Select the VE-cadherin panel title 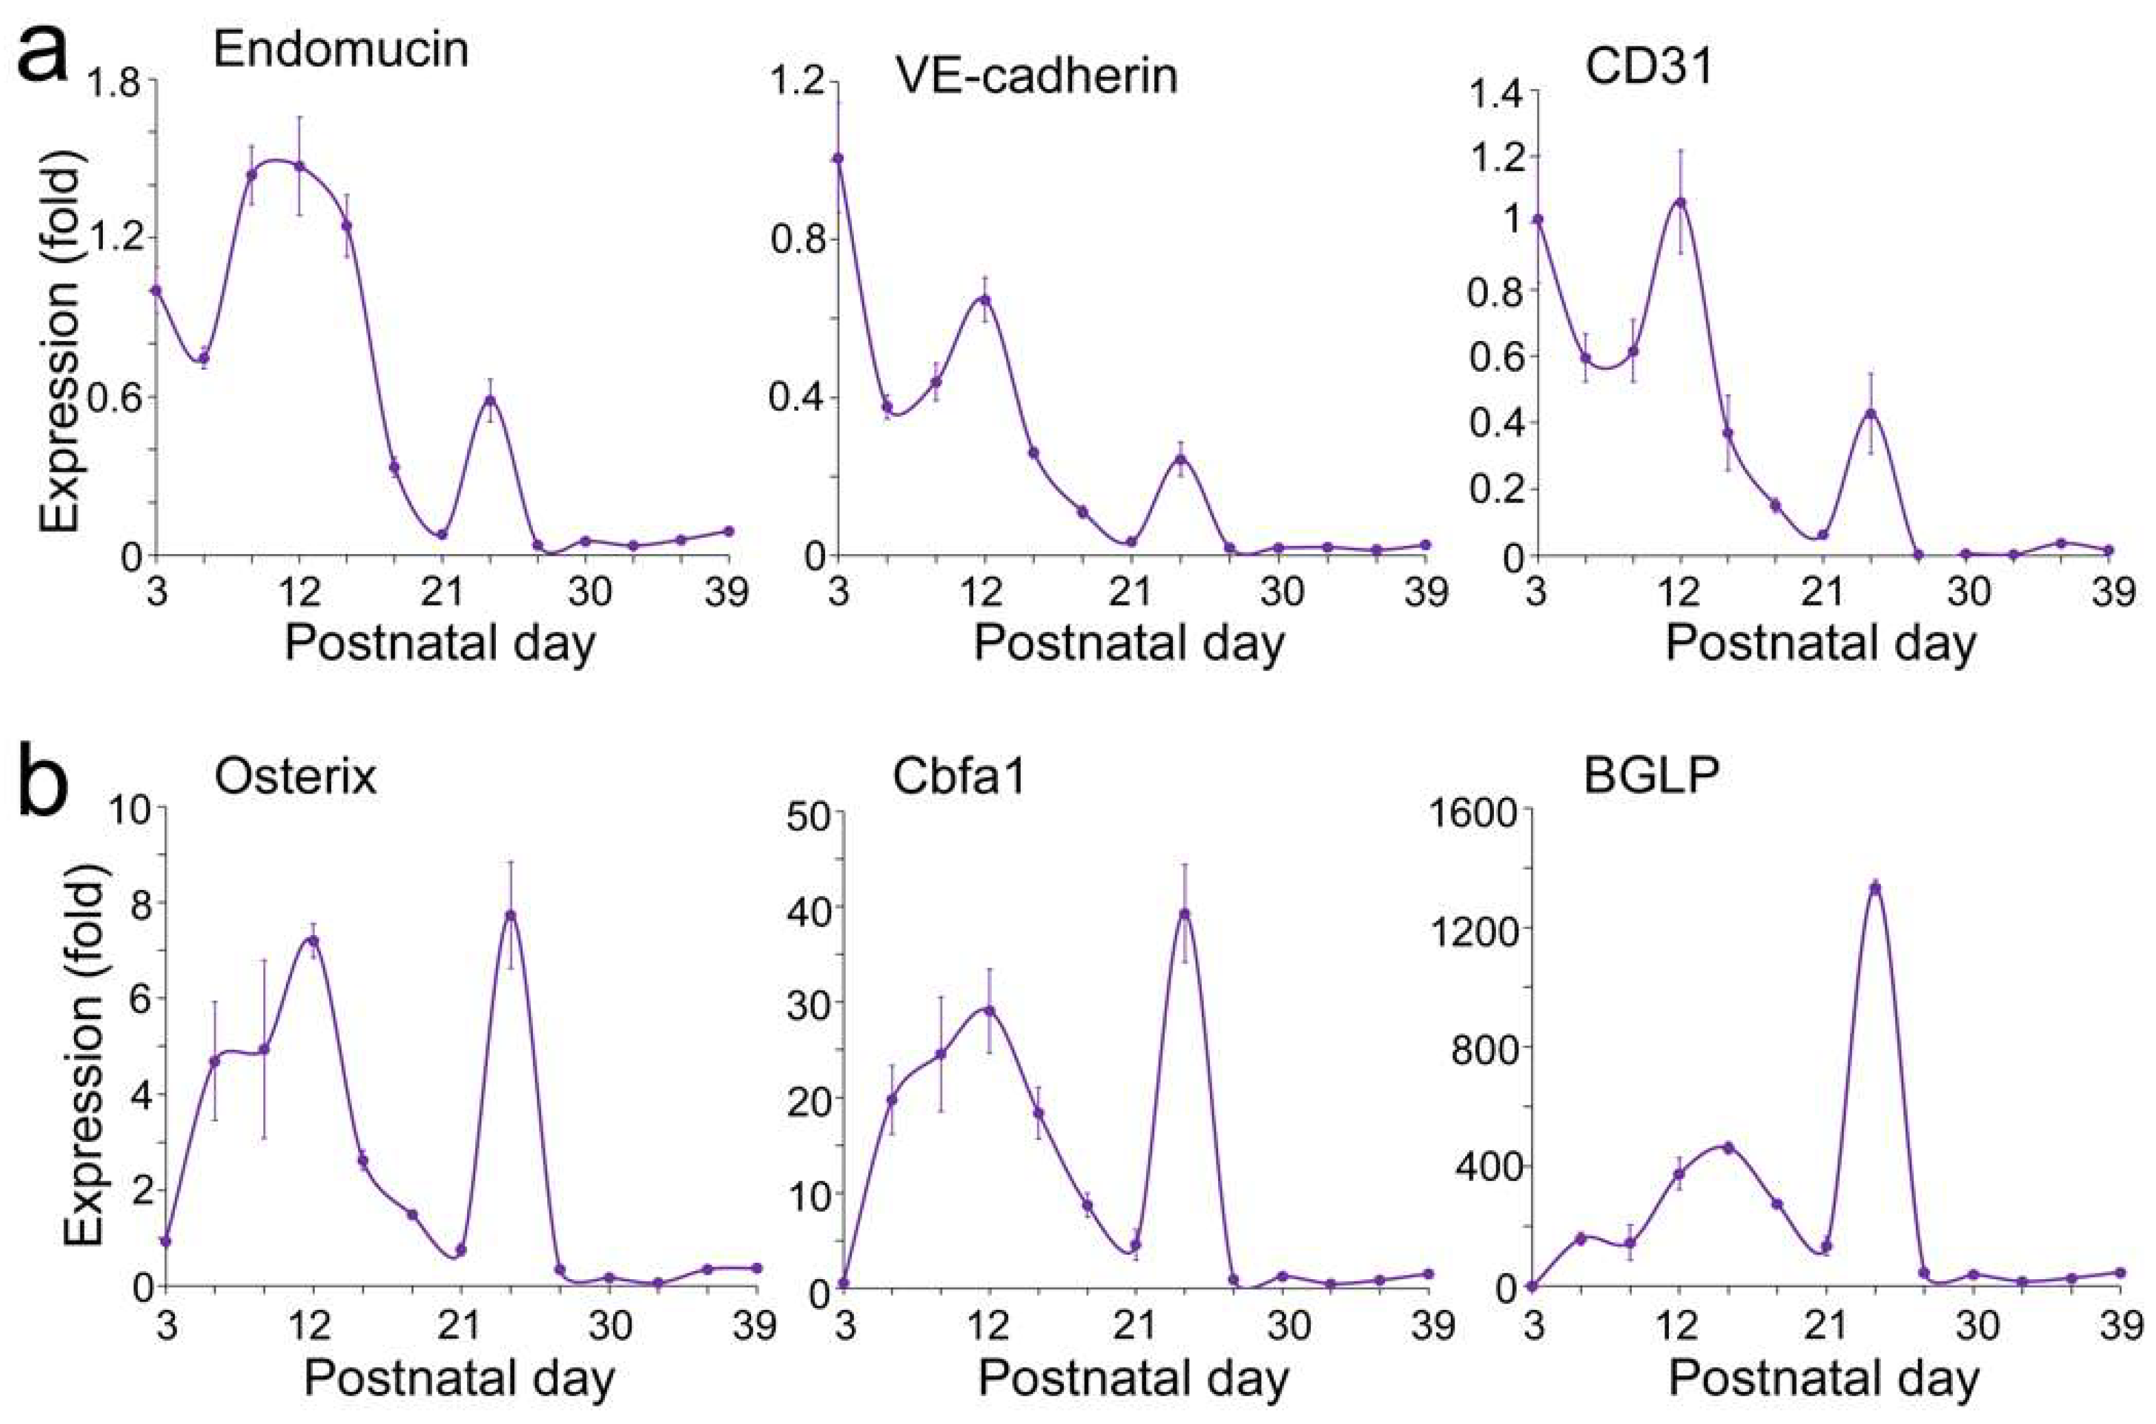click(1035, 75)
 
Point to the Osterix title click(295, 777)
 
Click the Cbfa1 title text click(958, 777)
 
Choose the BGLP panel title click(1651, 777)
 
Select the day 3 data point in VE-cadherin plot click(838, 158)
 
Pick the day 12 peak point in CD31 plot click(1680, 202)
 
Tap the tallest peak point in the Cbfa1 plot click(1184, 914)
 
